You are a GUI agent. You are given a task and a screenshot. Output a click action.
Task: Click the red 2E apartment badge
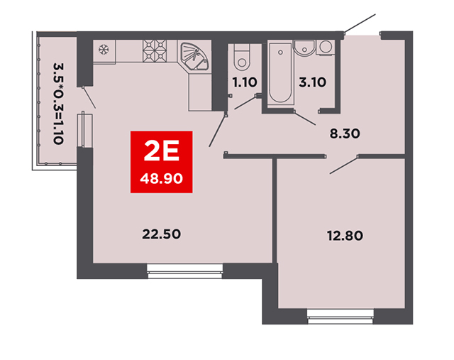(x=162, y=162)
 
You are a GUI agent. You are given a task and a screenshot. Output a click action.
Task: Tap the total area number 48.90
(x=162, y=178)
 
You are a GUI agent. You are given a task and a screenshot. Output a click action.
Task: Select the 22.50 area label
(x=162, y=234)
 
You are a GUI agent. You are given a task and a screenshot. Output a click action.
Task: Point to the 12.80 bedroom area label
(x=345, y=236)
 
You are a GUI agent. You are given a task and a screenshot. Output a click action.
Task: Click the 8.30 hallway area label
(x=345, y=134)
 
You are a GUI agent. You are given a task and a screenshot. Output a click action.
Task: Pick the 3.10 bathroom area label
(x=312, y=82)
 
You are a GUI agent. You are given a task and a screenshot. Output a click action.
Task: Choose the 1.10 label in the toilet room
(x=245, y=82)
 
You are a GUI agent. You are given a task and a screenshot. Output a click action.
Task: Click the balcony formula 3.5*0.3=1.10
(x=58, y=104)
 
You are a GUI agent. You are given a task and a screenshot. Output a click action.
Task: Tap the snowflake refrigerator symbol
(x=104, y=50)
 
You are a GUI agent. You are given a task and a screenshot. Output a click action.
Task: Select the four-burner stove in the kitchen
(x=155, y=51)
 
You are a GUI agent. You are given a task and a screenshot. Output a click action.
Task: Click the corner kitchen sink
(x=194, y=57)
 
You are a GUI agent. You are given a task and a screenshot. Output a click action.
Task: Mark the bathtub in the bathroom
(x=280, y=72)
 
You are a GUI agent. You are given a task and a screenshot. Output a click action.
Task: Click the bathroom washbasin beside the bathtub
(x=304, y=48)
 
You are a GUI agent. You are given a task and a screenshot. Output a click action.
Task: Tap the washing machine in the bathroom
(x=326, y=47)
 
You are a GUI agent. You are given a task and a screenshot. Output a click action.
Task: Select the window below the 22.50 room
(x=184, y=271)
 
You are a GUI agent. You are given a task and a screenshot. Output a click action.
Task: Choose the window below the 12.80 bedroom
(x=340, y=316)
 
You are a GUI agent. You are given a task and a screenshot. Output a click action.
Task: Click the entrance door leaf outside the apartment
(x=360, y=23)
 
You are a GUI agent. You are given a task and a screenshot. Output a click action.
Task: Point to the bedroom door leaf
(x=344, y=165)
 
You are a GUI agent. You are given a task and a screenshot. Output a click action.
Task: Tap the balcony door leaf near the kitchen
(x=89, y=97)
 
